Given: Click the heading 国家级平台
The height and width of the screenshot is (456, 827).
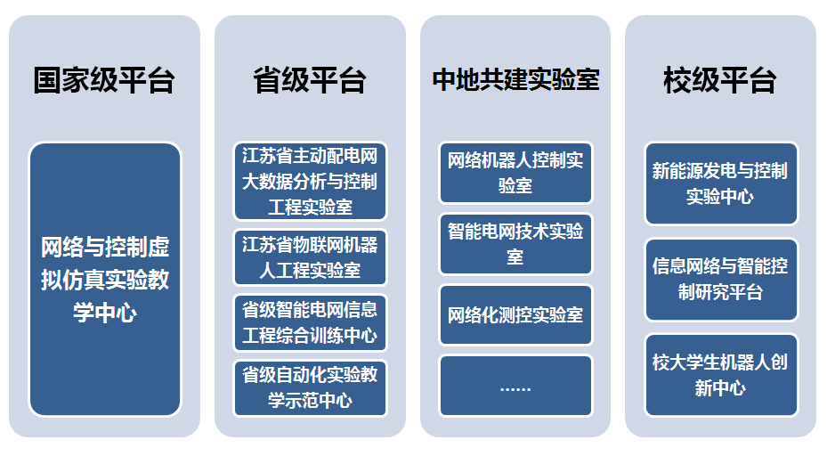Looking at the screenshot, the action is (104, 80).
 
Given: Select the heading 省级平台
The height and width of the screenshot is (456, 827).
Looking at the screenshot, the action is (310, 80).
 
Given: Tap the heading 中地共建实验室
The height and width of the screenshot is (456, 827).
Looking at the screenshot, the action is (515, 79).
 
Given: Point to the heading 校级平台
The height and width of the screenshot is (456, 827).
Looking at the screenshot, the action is (720, 80).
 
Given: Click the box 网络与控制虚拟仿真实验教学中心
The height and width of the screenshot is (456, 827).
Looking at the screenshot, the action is (105, 279).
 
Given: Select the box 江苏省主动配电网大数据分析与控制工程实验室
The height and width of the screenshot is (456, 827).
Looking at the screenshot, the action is (310, 181).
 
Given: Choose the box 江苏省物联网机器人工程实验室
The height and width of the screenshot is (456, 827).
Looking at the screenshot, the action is (310, 257).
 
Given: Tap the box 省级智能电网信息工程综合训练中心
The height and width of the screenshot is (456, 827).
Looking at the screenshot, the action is (310, 322).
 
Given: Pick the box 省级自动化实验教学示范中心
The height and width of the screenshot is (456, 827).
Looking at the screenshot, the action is (310, 388).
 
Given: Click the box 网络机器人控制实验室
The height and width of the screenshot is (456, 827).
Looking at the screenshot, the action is (515, 173).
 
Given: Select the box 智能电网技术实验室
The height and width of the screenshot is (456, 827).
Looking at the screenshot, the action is (515, 244).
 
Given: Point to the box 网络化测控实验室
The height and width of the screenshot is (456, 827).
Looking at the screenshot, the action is (515, 314).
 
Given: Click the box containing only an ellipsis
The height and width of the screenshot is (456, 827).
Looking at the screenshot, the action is (515, 386).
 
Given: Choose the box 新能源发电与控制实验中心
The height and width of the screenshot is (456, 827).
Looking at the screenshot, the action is (721, 183).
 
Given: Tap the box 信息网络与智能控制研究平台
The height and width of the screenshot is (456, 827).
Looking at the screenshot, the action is (721, 279).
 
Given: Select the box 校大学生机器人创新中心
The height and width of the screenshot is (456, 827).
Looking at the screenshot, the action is (721, 375).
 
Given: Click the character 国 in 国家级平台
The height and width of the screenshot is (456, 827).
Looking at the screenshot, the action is (47, 80).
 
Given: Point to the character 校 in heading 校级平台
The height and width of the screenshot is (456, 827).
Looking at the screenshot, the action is (677, 80).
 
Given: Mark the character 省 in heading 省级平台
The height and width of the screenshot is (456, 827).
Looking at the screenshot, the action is (267, 80).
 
